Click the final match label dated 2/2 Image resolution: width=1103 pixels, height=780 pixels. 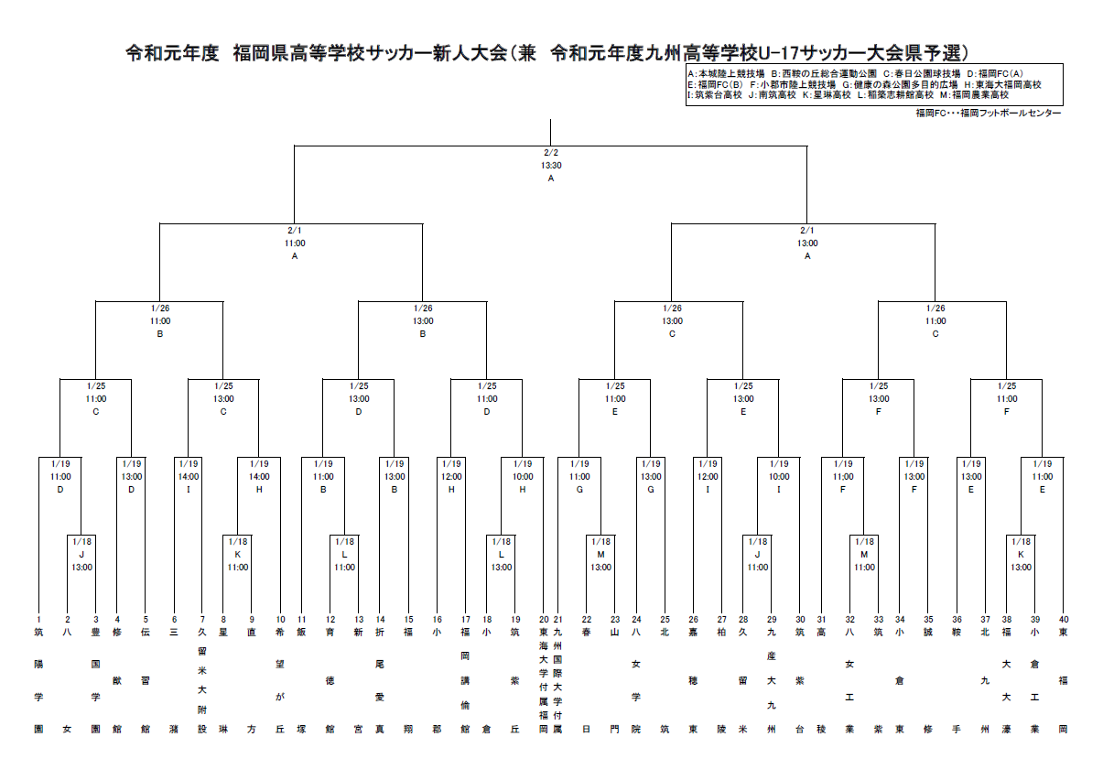[x=551, y=165]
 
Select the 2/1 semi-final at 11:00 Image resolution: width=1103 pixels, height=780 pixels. [x=295, y=243]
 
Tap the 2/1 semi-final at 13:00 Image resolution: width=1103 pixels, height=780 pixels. [x=807, y=243]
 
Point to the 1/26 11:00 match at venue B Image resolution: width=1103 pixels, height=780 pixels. [x=159, y=321]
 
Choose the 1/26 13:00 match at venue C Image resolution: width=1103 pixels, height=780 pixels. [x=672, y=321]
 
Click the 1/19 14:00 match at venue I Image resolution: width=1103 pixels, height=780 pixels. [x=189, y=476]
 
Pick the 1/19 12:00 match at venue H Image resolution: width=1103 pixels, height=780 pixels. [x=451, y=476]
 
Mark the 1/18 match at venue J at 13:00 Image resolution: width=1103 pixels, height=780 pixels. [x=81, y=554]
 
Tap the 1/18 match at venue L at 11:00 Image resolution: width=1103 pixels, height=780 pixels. [x=344, y=554]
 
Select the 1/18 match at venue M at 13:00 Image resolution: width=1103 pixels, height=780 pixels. [x=600, y=554]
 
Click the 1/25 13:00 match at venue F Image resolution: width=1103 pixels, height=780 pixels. [x=879, y=398]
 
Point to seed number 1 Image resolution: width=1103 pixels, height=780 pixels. [x=38, y=620]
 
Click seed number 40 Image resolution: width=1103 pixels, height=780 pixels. [x=1063, y=620]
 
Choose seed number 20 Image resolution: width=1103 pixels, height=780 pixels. [x=544, y=620]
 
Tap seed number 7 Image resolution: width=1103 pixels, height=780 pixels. [x=202, y=620]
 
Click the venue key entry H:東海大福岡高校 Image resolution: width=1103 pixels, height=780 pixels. [x=1000, y=84]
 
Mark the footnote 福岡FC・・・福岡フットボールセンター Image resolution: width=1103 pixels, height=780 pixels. [x=988, y=113]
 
